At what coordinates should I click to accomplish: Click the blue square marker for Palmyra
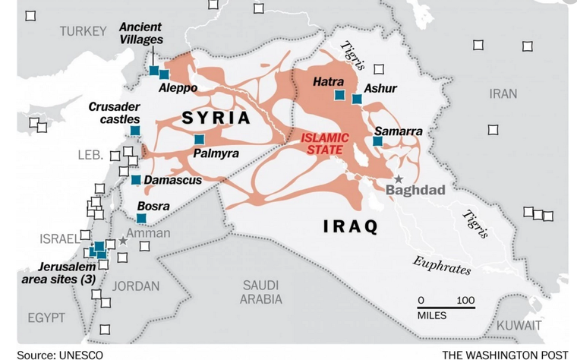[x=199, y=140]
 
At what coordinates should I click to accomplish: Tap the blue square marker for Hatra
[x=340, y=96]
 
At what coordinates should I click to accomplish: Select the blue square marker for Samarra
[x=378, y=141]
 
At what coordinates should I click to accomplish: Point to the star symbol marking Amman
[x=123, y=241]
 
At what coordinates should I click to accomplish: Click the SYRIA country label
[x=216, y=118]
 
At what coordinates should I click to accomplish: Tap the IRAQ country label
[x=350, y=226]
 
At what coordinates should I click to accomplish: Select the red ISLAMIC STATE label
[x=324, y=144]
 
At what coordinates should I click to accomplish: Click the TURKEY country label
[x=84, y=31]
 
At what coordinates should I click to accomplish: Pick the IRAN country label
[x=503, y=93]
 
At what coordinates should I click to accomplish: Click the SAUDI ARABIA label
[x=262, y=292]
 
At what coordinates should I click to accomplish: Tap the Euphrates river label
[x=442, y=265]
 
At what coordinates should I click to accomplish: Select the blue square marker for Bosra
[x=141, y=219]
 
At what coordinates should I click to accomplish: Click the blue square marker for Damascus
[x=136, y=180]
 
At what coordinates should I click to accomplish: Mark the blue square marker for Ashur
[x=357, y=99]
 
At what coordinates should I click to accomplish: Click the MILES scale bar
[x=447, y=308]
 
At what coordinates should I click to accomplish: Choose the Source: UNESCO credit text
[x=59, y=354]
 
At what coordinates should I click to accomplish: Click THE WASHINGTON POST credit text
[x=504, y=354]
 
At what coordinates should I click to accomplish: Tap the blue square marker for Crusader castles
[x=135, y=131]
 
